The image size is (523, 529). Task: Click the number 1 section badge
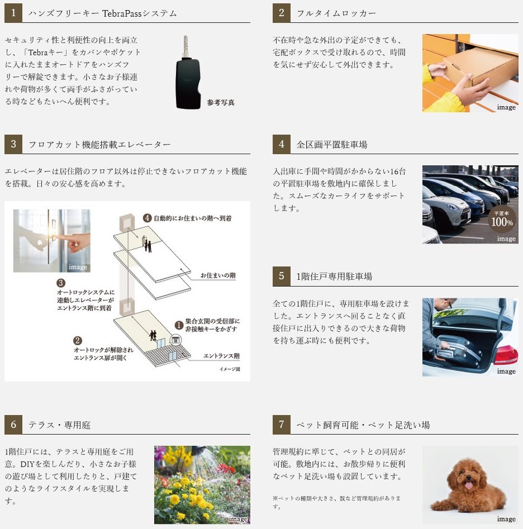pos(13,13)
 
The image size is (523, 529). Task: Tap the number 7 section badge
pos(282,425)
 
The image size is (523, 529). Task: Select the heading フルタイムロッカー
pos(336,13)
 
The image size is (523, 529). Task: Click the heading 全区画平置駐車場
pos(332,145)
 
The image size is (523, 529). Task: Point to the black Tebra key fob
pos(187,83)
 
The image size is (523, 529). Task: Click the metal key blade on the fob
pos(186,46)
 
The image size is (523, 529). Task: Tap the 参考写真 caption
pos(221,102)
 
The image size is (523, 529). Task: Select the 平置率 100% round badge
pos(502,220)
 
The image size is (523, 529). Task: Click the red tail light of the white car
pos(506,354)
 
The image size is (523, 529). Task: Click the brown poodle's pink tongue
pos(469,485)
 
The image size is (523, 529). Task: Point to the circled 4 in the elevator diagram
pos(147,218)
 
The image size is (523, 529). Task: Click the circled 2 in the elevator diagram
pos(78,340)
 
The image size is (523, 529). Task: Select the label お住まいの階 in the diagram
pos(218,275)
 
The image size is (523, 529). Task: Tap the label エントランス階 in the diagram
pos(221,356)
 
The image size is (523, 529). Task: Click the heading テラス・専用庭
pos(60,425)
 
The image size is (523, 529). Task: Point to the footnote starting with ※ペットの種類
pos(336,502)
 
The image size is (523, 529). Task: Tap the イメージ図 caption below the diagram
pos(230,369)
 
